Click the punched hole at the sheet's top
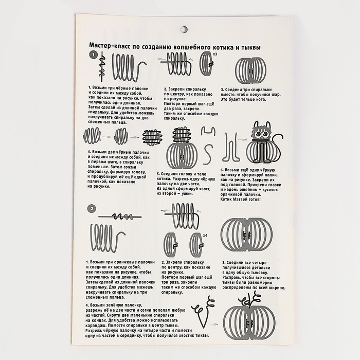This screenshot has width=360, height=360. (184, 29)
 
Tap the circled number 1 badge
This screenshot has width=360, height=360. (93, 55)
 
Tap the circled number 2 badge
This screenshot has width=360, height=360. (92, 209)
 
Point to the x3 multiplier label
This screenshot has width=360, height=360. (215, 54)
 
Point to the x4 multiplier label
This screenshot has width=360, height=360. (205, 236)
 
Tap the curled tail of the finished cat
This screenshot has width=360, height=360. (278, 147)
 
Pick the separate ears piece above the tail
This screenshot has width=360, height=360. (208, 131)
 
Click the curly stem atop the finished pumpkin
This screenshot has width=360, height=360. (249, 300)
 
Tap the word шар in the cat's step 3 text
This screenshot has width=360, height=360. (275, 94)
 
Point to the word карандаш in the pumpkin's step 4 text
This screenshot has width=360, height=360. (96, 326)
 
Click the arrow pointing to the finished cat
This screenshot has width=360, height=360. (242, 139)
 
